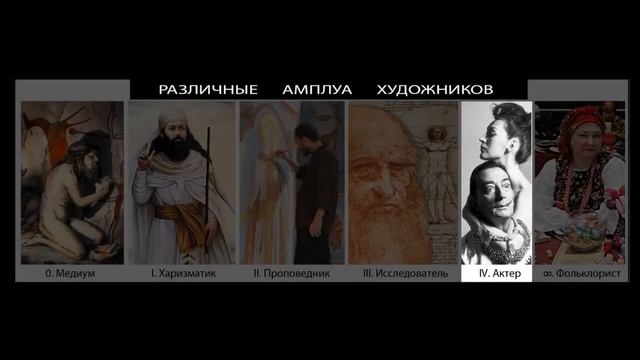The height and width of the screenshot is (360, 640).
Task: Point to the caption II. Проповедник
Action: [291, 272]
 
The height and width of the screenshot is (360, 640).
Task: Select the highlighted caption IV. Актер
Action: [496, 272]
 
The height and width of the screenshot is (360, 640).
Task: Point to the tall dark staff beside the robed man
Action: [208, 190]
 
